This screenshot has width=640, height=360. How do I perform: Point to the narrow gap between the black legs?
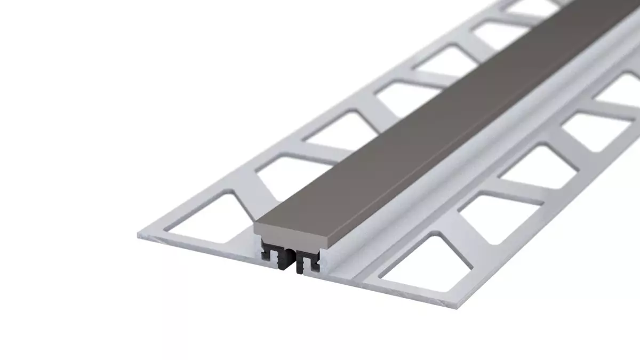[292, 258]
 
